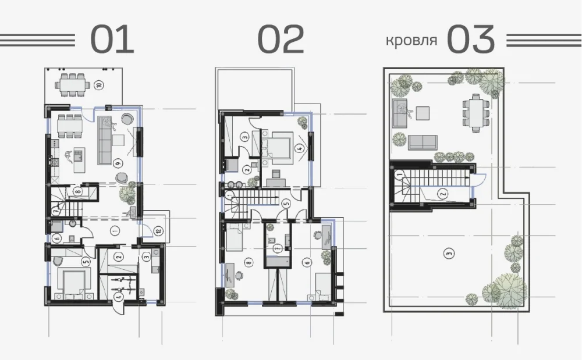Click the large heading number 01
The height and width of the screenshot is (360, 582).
click(112, 39)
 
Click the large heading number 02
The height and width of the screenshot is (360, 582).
click(281, 39)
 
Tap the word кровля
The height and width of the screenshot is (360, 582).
click(411, 40)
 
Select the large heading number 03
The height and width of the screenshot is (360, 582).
click(471, 39)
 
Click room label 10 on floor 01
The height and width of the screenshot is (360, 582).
click(99, 85)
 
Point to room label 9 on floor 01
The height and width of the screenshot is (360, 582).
click(118, 162)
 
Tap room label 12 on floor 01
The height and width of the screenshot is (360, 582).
click(158, 231)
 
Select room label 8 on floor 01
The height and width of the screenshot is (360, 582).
click(77, 192)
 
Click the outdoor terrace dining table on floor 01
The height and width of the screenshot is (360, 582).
click(73, 85)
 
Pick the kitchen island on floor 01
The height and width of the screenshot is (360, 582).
click(79, 160)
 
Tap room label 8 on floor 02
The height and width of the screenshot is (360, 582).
click(249, 262)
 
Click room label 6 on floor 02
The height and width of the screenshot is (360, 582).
click(307, 262)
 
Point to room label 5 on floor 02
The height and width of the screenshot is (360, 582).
click(285, 203)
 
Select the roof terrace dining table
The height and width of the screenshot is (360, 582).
click(476, 113)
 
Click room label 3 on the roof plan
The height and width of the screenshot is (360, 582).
click(449, 254)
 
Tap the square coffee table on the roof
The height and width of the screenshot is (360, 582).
click(423, 113)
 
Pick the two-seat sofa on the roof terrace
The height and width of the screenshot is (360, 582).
click(423, 142)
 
